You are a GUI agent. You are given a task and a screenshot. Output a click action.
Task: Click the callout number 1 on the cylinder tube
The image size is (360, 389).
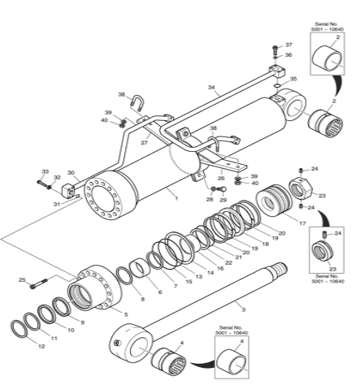click(176, 196)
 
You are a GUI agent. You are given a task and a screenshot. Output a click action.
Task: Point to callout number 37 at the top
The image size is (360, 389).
click(288, 45)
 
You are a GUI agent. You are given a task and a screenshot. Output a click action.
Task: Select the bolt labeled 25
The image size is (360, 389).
click(36, 285)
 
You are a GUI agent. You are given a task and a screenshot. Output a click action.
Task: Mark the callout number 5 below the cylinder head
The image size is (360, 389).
click(124, 314)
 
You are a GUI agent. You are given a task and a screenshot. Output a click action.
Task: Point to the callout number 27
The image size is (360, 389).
click(145, 143)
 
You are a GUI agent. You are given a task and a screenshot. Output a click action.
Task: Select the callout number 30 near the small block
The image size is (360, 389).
click(71, 172)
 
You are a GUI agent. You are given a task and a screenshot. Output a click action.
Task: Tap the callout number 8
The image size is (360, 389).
click(142, 299)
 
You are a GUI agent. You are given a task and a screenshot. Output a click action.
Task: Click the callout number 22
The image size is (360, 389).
click(228, 261)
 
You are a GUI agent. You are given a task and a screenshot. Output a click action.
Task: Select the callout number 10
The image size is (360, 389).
click(71, 330)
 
